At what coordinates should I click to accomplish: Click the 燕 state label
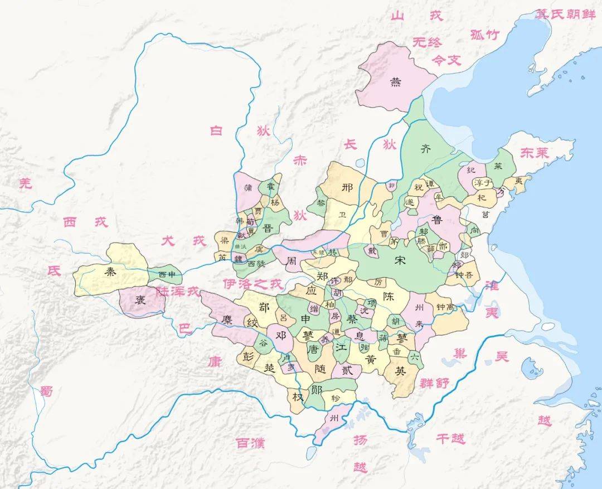point(395,83)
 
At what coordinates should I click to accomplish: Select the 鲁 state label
point(437,220)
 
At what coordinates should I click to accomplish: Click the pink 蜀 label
point(46,391)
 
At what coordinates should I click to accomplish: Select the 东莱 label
point(535,153)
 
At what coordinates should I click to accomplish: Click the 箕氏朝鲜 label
point(565,15)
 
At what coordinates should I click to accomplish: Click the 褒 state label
point(140,299)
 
